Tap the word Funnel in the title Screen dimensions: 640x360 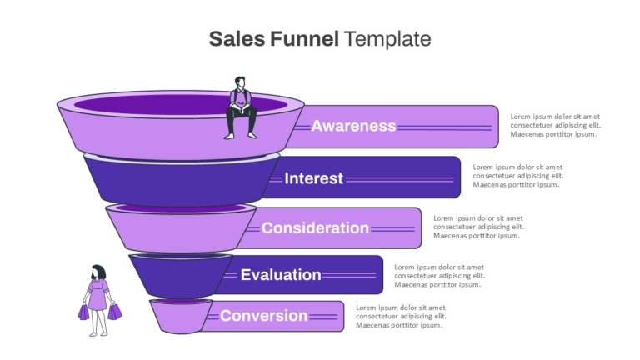coord(304,39)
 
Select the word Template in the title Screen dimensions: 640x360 coord(387,39)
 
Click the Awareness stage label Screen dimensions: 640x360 coord(353,126)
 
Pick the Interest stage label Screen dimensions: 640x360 coord(313,178)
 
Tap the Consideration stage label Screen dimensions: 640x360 coord(315,227)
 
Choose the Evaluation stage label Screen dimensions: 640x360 coord(281,275)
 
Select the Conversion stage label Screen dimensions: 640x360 coord(263,316)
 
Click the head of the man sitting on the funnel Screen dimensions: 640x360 coord(240,82)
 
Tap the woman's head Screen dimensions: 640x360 coord(98,272)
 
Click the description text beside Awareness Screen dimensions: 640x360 coord(555,125)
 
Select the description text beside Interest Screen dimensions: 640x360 coord(518,176)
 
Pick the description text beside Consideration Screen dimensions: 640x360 coord(478,227)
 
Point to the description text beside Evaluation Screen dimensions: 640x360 coord(439,276)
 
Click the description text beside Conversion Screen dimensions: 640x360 coord(401,317)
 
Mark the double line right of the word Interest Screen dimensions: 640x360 coord(400,179)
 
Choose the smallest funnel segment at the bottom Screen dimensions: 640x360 coord(180,317)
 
